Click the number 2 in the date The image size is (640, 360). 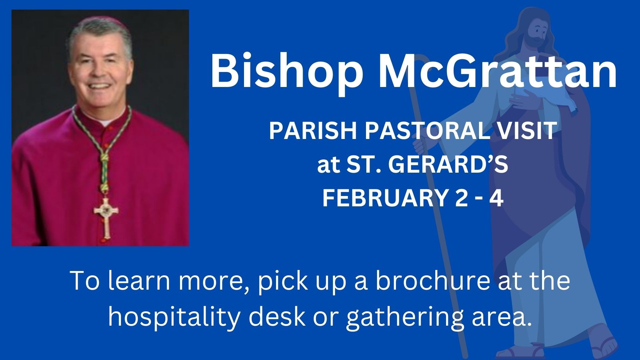coord(460,197)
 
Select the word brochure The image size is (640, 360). coord(432,281)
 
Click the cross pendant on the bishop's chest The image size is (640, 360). coord(106,217)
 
